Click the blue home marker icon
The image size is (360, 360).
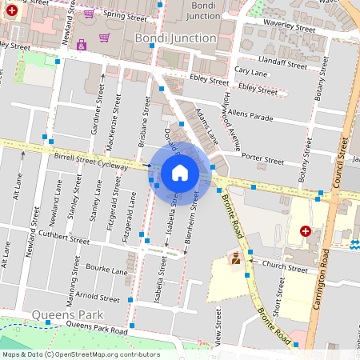pos(180,173)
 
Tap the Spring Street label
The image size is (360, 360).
pos(121,14)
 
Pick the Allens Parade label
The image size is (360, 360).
pos(250,115)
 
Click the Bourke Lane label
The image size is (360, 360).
pos(108,271)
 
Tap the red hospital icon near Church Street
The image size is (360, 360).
pos(305,231)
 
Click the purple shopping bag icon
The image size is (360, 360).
pos(82,45)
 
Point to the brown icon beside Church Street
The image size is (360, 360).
pos(235,258)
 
